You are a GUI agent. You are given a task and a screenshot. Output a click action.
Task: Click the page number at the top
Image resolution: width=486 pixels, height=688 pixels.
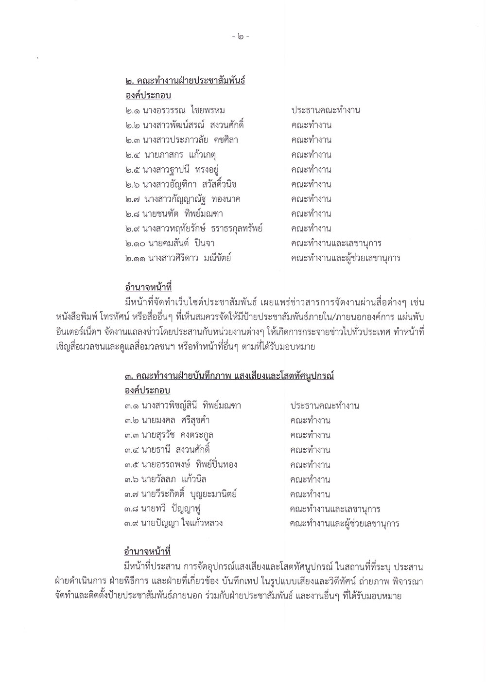(240, 36)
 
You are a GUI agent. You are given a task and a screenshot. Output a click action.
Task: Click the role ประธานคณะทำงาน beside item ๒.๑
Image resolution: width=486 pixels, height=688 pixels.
(326, 110)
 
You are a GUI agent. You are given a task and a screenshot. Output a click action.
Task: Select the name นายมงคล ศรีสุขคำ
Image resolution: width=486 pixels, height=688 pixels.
(175, 420)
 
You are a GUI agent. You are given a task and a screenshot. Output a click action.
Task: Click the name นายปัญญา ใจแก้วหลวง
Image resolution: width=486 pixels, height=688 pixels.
(182, 524)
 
